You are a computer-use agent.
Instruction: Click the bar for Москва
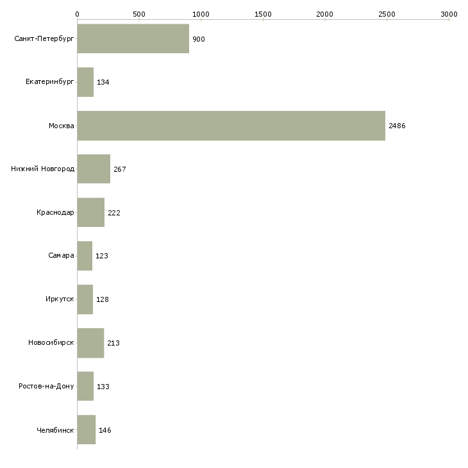pos(231,126)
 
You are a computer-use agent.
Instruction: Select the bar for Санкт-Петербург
pos(133,39)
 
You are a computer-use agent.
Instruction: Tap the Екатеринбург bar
pos(85,82)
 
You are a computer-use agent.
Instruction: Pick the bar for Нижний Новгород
pos(94,169)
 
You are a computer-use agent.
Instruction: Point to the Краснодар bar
pos(90,212)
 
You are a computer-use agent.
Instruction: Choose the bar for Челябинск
pos(86,430)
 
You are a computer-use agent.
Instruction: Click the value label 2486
pos(397,126)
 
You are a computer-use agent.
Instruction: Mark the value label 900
pos(199,39)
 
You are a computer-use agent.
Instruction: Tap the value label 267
pos(120,169)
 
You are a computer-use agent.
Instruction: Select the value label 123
pos(102,256)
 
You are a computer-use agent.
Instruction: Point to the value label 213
pos(113,343)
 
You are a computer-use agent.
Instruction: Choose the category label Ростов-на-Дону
pos(46,386)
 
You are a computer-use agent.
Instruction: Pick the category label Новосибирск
pos(51,342)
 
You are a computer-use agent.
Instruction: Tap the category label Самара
pos(61,255)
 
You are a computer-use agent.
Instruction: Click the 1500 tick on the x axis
pos(263,14)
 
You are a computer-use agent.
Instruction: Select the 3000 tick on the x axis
pos(449,14)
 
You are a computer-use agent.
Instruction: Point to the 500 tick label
pos(139,14)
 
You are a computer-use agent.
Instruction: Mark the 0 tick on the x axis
pos(77,14)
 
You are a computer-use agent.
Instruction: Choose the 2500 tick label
pos(387,14)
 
